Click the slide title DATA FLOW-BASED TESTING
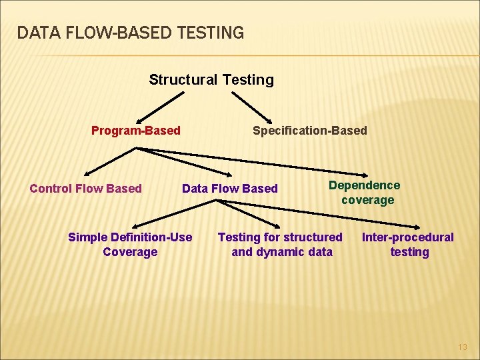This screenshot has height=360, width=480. point(131,32)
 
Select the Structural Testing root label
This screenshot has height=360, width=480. point(211,80)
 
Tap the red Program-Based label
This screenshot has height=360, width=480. point(135,131)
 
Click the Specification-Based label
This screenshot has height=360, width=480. point(309,131)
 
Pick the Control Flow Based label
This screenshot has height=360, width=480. point(85,189)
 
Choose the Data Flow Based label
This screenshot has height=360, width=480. point(229,189)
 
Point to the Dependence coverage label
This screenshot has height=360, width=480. point(365,193)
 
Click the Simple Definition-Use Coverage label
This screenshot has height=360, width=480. point(130,244)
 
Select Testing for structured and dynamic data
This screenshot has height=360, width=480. point(281,244)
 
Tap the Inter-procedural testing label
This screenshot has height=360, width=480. point(407,244)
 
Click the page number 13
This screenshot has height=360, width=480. point(463,347)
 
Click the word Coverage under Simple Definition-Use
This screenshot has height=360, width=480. point(130,252)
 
